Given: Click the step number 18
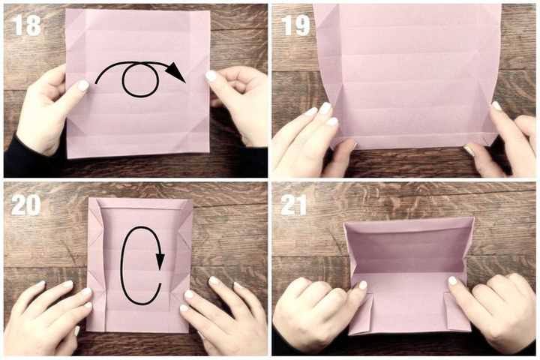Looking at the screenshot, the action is [x=26, y=25].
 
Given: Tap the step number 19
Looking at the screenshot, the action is [x=296, y=25].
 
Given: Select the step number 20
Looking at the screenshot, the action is [x=26, y=205].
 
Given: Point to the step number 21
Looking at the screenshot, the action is [x=293, y=205].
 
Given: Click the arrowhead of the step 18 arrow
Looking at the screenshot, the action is [x=176, y=72].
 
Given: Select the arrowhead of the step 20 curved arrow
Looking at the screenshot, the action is [x=160, y=262].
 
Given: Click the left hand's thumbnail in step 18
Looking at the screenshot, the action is [x=83, y=85].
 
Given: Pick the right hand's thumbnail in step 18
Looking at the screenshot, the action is [x=211, y=76].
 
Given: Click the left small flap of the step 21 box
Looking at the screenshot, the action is [x=361, y=313].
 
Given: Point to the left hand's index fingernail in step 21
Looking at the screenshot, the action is [x=363, y=285].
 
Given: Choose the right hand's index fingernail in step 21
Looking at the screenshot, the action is [x=452, y=281].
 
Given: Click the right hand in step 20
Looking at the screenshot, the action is [x=223, y=315].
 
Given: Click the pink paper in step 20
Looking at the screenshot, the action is [x=139, y=265].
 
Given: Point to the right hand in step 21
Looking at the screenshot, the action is [x=493, y=310].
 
